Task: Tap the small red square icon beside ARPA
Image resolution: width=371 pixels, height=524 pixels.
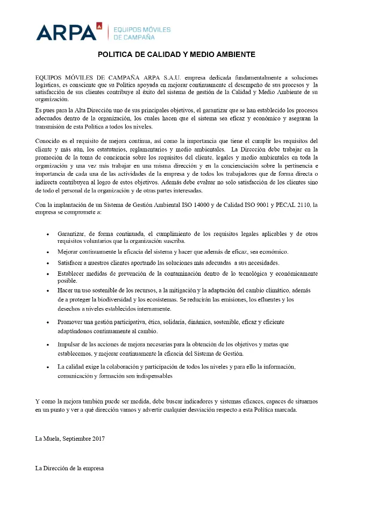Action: tap(99, 25)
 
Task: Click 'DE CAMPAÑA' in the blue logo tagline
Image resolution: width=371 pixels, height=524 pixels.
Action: tap(134, 37)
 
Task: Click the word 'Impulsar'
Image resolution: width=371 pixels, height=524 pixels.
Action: tap(70, 344)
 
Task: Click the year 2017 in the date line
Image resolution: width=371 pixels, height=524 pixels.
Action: tap(98, 439)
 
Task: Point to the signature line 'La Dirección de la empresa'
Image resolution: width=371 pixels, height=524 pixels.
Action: tap(69, 468)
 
